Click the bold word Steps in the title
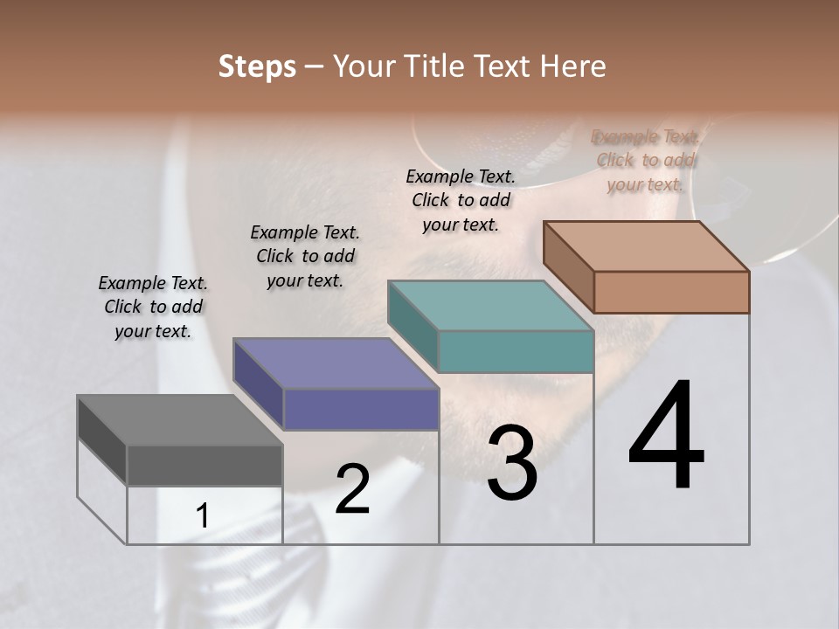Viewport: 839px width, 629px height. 257,66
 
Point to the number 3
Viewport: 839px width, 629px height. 512,463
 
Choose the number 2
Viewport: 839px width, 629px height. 353,489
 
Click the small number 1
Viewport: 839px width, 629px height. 203,516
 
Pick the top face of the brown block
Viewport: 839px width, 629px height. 646,245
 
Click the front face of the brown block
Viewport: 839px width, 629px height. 671,292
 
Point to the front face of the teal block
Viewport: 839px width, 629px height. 516,351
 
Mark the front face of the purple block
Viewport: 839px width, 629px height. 361,409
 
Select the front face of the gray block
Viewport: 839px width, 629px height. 205,465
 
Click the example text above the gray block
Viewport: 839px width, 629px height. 153,307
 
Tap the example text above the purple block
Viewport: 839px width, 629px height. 305,256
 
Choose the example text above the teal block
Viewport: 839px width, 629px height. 461,200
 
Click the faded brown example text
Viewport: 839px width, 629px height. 645,161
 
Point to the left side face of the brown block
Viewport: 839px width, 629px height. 568,266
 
